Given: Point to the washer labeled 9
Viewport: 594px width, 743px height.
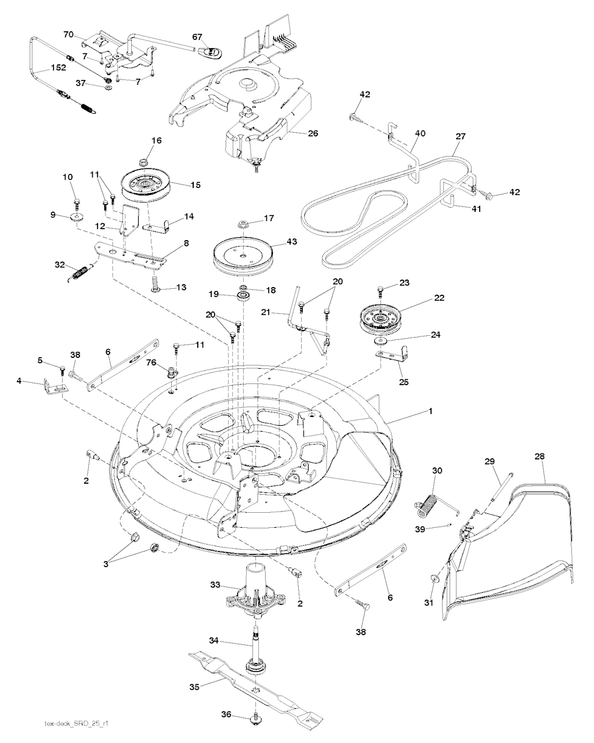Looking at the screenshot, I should (77, 217).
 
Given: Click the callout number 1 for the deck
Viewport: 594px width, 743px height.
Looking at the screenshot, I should (430, 411).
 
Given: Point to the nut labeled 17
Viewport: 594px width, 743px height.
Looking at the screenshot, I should (243, 224).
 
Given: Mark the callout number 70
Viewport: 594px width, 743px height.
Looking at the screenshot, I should (68, 35).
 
